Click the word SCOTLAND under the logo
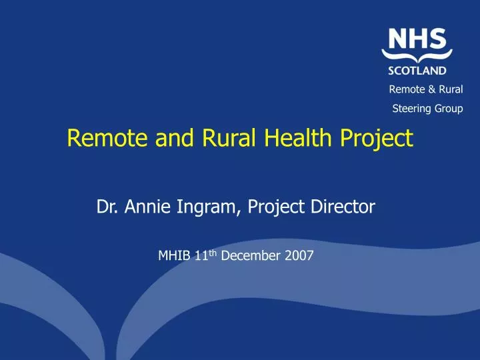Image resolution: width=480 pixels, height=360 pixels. (417, 69)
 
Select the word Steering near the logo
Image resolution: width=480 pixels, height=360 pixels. (411, 109)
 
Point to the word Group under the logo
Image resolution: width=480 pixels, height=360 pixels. (449, 109)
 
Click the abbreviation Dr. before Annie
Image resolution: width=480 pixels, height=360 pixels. (106, 207)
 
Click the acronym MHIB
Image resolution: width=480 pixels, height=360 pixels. (173, 254)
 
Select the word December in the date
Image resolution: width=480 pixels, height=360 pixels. (252, 254)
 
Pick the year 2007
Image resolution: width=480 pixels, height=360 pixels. (299, 254)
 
